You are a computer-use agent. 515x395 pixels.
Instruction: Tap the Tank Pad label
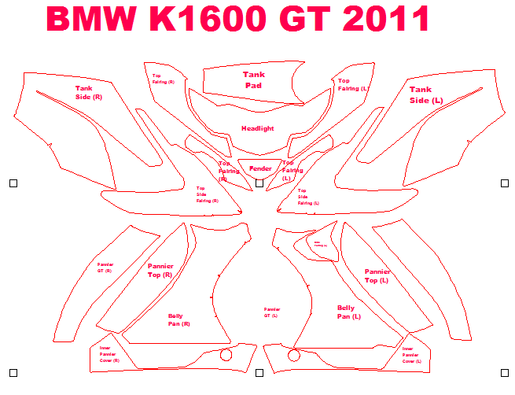(253, 79)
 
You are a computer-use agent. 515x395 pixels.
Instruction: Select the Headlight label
(257, 128)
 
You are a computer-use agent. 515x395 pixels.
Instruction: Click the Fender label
(260, 168)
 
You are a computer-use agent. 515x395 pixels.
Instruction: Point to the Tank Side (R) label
(88, 93)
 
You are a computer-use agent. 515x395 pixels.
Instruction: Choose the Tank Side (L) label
(426, 95)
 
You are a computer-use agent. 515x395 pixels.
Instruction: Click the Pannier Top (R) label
(160, 271)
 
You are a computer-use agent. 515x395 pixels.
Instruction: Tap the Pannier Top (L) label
(377, 276)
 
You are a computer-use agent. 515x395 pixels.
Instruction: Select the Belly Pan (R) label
(178, 319)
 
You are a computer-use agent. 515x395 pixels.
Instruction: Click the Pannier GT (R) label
(105, 268)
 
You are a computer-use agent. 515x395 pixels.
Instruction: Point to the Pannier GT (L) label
(271, 312)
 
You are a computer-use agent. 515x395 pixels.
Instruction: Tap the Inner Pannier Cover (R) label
(106, 354)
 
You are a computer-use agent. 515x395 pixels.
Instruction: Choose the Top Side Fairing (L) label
(307, 197)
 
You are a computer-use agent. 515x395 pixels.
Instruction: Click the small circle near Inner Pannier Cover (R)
(226, 355)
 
